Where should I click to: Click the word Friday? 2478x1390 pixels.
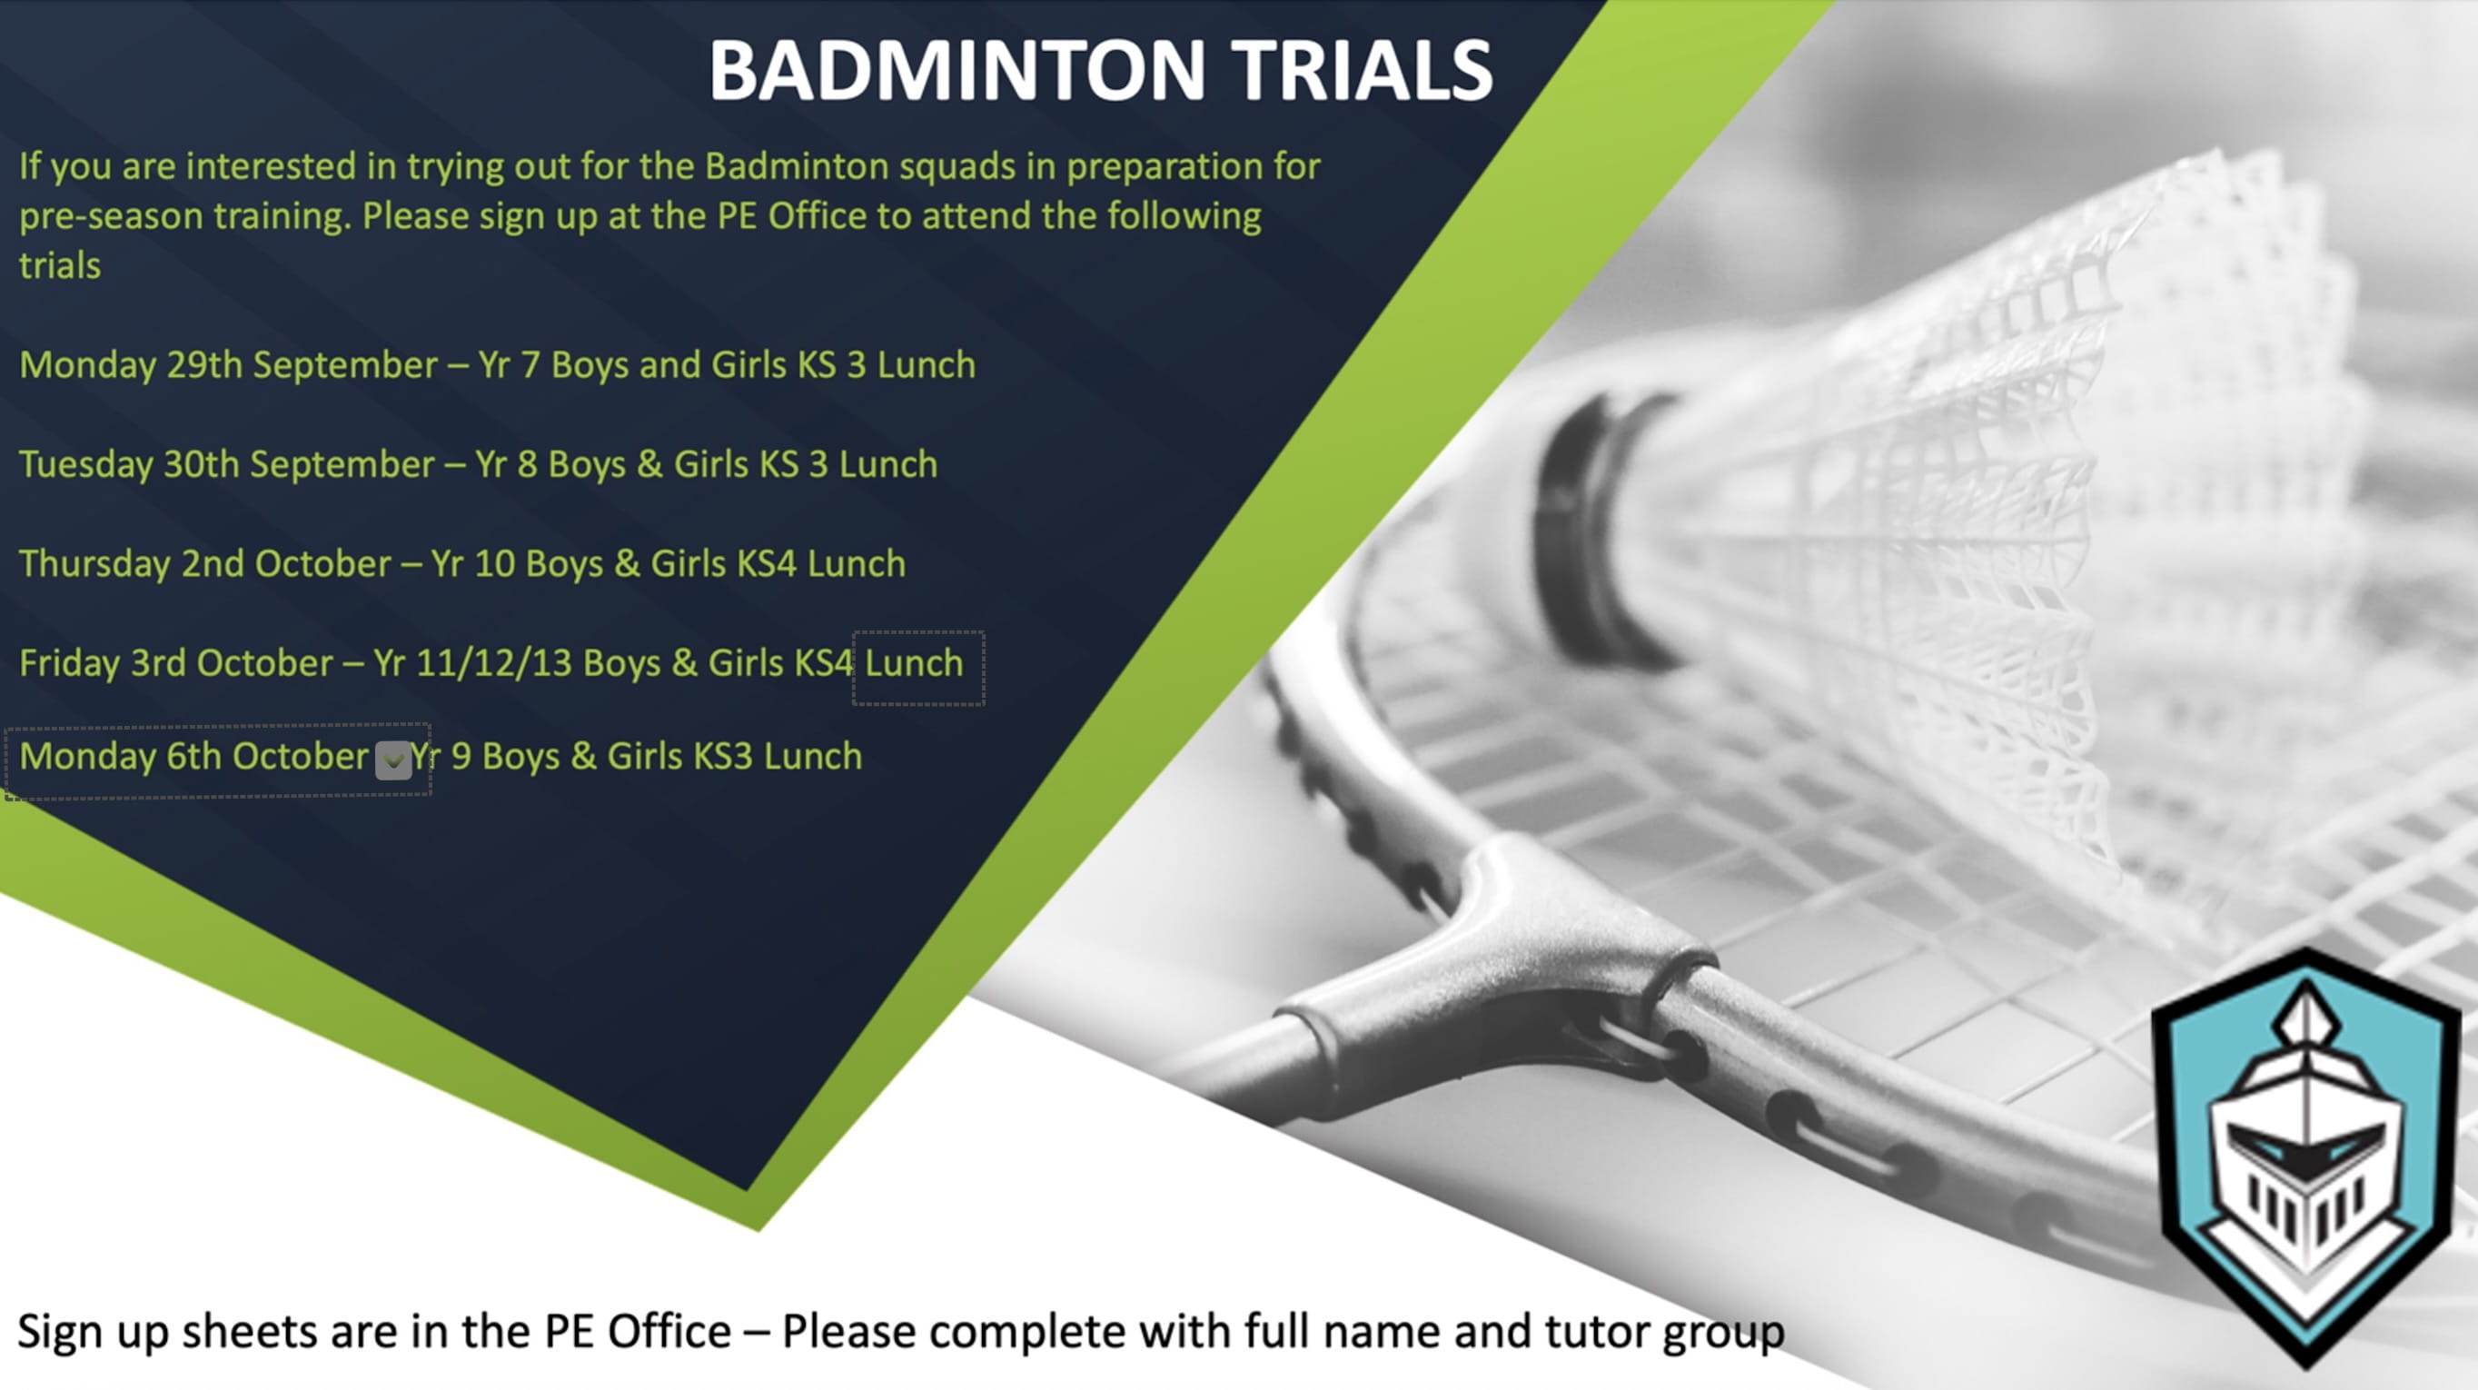coord(69,664)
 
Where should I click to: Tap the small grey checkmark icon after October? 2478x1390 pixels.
coord(393,760)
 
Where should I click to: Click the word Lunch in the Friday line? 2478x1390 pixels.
coord(914,664)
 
